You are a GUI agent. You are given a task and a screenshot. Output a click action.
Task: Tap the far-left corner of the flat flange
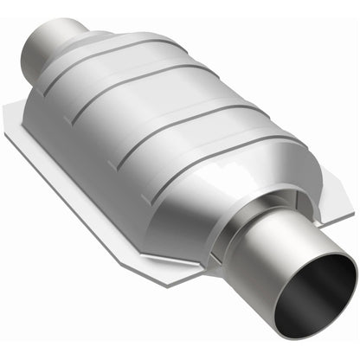10,109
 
